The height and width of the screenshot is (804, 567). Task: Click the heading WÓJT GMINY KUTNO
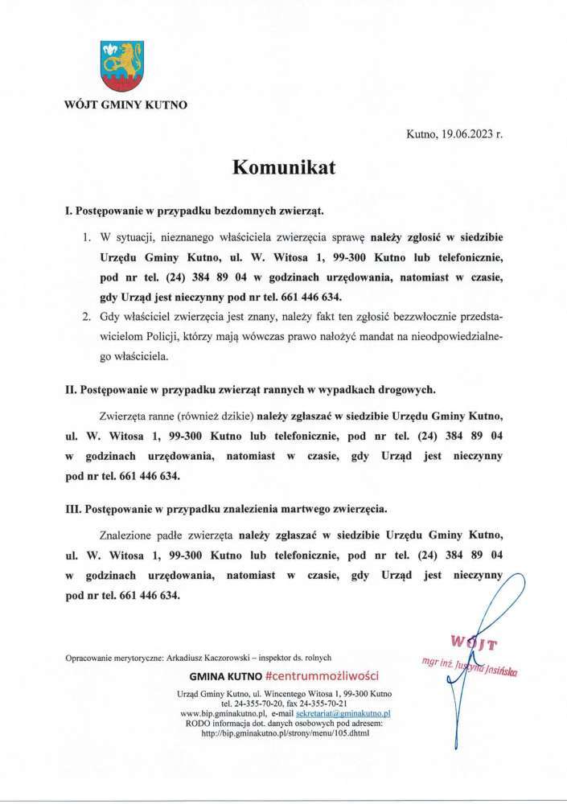(125, 105)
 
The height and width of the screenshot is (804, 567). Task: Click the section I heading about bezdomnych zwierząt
(195, 210)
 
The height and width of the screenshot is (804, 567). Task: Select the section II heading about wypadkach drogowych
(251, 390)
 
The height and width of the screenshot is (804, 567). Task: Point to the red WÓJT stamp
(475, 643)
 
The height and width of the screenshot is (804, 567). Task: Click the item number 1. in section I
(88, 238)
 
